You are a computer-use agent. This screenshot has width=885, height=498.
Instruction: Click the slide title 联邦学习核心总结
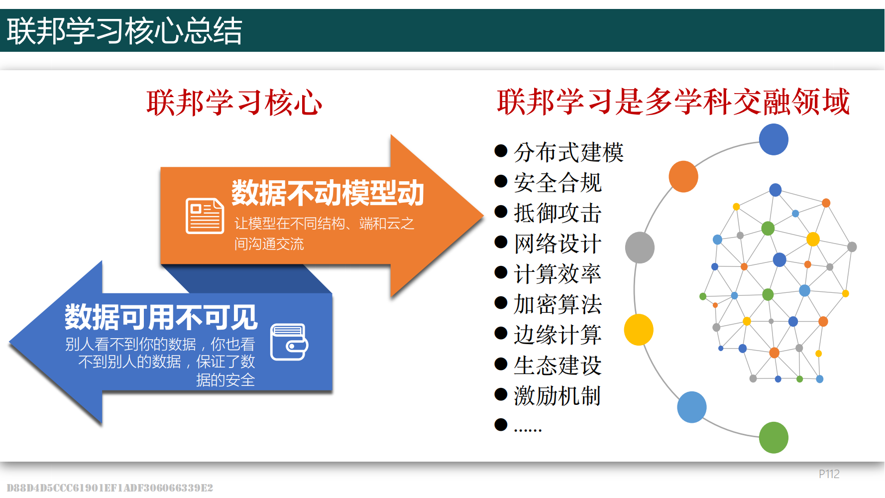point(124,31)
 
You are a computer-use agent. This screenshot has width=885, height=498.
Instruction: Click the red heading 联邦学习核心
point(234,103)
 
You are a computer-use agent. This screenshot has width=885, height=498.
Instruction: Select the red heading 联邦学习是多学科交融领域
point(673,102)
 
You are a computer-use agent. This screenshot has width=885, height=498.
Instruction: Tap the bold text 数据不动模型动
point(328,193)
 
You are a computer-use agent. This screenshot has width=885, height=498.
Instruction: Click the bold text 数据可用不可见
point(161,317)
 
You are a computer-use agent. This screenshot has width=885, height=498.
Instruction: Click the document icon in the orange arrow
point(205,216)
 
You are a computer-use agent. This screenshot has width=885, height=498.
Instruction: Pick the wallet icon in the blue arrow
point(289,342)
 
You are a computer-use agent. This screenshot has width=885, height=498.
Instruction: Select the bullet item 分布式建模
point(568,152)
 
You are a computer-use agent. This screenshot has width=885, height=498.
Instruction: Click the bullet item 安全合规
point(557,182)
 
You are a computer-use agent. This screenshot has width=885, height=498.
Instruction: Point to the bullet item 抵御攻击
point(557,213)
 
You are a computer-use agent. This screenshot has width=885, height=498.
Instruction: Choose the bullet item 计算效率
point(557,273)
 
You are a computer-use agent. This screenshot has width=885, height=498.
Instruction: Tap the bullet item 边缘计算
point(557,335)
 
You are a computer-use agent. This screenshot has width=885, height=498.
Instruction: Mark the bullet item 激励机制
point(557,396)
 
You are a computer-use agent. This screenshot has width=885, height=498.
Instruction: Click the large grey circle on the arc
point(640,248)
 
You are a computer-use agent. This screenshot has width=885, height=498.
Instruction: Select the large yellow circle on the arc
point(639,330)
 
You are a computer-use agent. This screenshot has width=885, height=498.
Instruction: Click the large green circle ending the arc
point(774,437)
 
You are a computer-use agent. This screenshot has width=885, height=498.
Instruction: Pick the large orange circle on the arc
point(683,176)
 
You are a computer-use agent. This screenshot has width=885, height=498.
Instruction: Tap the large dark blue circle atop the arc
point(774,139)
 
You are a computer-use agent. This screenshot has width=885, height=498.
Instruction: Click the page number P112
point(829,474)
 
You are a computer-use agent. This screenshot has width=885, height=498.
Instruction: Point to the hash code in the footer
point(110,488)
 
